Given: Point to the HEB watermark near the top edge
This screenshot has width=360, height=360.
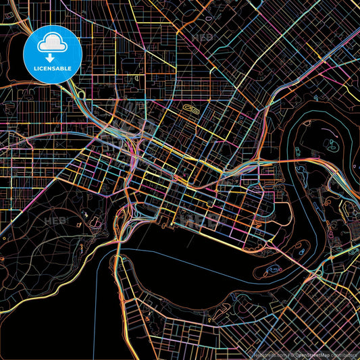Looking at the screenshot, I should (x=203, y=38).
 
